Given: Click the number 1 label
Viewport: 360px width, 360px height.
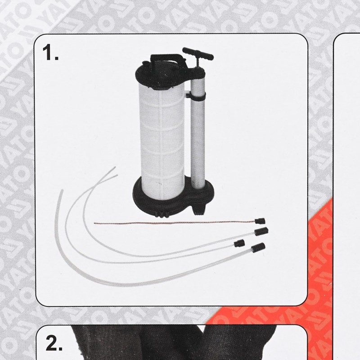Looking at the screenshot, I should [x=50, y=53].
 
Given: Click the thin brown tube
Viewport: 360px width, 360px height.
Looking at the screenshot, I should [x=171, y=223].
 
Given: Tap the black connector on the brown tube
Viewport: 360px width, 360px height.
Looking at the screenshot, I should [x=259, y=221].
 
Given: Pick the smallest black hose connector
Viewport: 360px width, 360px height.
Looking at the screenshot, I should [x=239, y=243].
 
